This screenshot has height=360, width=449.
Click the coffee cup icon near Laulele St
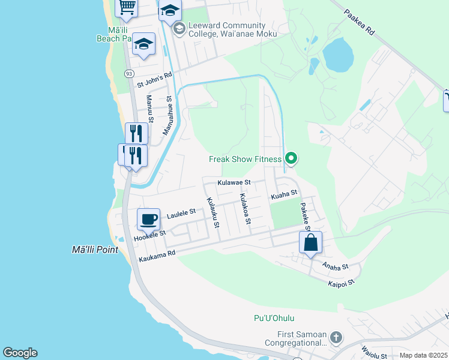pyautogui.click(x=148, y=219)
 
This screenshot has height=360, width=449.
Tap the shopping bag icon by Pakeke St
pyautogui.click(x=310, y=243)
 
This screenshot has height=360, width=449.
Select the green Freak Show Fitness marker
pyautogui.click(x=291, y=159)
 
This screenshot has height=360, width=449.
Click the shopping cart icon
pyautogui.click(x=127, y=7)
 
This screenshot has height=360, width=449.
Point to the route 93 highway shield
pyautogui.click(x=129, y=73)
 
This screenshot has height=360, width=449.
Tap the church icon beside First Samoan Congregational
pyautogui.click(x=336, y=338)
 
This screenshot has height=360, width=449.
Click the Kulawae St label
pyautogui.click(x=234, y=182)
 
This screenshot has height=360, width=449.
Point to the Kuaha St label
pyautogui.click(x=284, y=194)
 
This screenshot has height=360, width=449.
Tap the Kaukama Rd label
pyautogui.click(x=157, y=257)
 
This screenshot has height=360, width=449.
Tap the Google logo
pyautogui.click(x=20, y=353)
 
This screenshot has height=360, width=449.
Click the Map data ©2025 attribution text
pyautogui.click(x=423, y=355)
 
